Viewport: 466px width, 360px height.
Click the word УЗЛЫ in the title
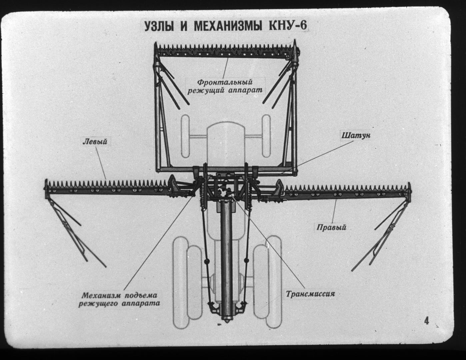pos(158,26)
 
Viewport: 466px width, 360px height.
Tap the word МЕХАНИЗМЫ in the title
pos(228,26)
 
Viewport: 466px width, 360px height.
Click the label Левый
pos(95,142)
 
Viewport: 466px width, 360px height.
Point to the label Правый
pos(332,227)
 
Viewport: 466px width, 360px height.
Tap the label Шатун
pos(356,135)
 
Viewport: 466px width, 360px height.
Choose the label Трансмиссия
pos(310,294)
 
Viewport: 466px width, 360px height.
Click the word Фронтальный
pos(225,82)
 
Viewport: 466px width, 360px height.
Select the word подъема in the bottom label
pos(141,295)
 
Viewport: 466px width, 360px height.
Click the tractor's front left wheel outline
pos(185,136)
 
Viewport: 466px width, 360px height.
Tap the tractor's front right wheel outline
pos(266,136)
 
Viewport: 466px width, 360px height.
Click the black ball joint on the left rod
pos(207,261)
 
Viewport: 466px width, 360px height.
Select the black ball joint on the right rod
pos(246,261)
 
